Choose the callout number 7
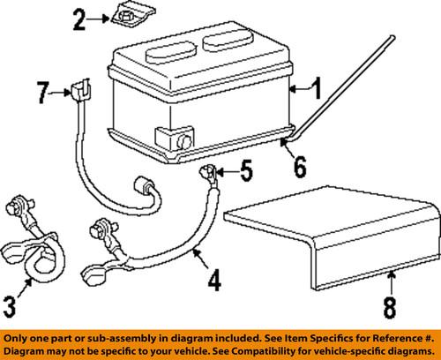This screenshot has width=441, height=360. tap(41, 91)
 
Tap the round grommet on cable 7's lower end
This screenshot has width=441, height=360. tap(143, 189)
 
